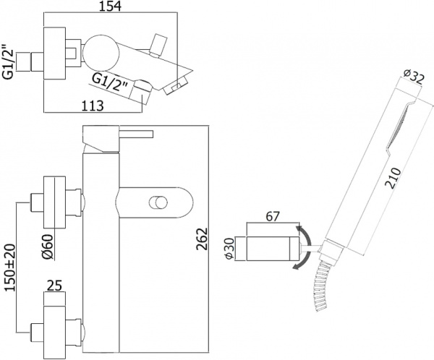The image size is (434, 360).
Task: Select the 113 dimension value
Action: click(91, 106)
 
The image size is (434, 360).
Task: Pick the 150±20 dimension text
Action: click(9, 267)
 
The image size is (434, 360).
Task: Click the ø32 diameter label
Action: click(412, 77)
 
